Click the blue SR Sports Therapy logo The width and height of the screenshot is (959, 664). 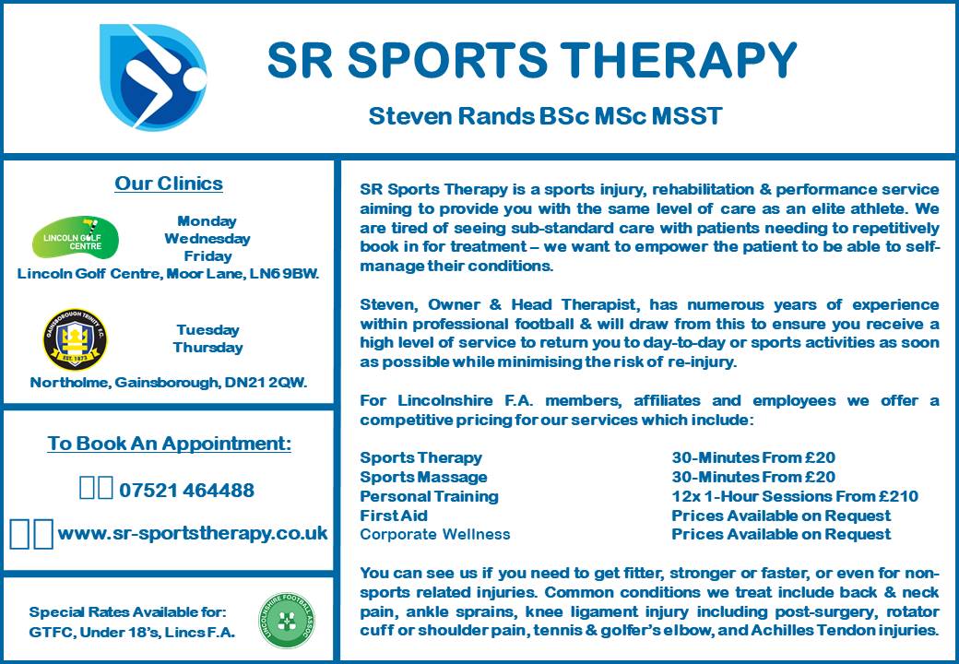pyautogui.click(x=152, y=77)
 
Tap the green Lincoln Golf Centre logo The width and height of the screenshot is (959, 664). pyautogui.click(x=76, y=237)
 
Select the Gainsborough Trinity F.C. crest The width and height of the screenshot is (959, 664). pyautogui.click(x=76, y=339)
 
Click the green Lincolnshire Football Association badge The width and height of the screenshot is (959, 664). pyautogui.click(x=287, y=621)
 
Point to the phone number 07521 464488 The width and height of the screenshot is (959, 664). pyautogui.click(x=186, y=491)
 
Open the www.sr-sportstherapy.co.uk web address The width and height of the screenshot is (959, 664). pyautogui.click(x=193, y=533)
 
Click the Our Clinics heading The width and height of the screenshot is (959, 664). pyautogui.click(x=169, y=184)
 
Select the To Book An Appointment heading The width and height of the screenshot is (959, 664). pyautogui.click(x=170, y=444)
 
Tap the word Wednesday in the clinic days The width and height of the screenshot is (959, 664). pyautogui.click(x=207, y=239)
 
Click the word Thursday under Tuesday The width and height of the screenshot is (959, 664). pyautogui.click(x=208, y=348)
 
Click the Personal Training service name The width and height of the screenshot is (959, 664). pyautogui.click(x=430, y=496)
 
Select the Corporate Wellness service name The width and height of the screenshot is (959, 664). pyautogui.click(x=435, y=534)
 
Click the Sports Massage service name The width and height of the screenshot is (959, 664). pyautogui.click(x=424, y=477)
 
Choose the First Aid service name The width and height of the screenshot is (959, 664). pyautogui.click(x=394, y=516)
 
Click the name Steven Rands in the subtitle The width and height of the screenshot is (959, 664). pyautogui.click(x=451, y=115)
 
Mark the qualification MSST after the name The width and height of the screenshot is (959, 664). pyautogui.click(x=687, y=115)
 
